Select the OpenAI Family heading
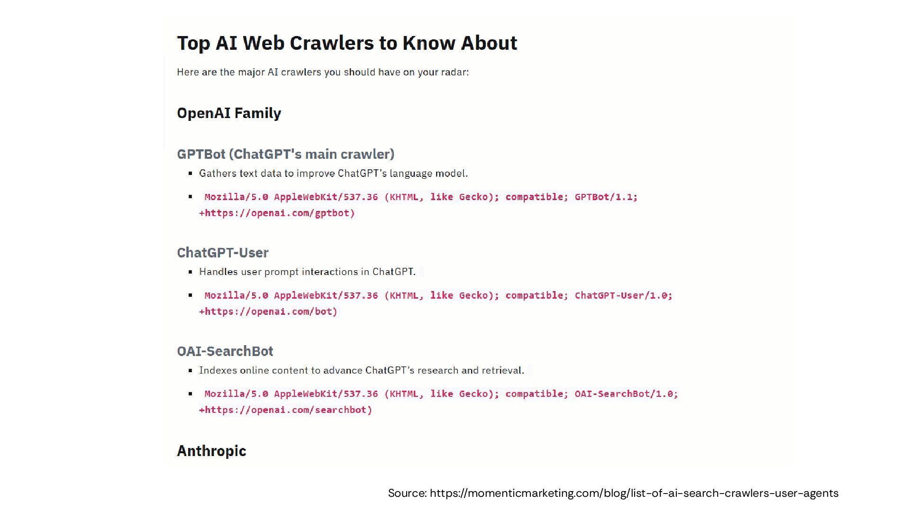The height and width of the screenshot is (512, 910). (229, 113)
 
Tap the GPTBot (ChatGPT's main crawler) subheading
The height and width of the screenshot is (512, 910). (285, 154)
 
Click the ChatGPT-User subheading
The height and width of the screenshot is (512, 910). (222, 253)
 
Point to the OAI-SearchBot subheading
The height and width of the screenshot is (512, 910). (225, 351)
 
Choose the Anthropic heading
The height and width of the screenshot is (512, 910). (211, 451)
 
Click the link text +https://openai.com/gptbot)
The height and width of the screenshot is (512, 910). (277, 213)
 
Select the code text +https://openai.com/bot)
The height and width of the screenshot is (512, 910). (268, 311)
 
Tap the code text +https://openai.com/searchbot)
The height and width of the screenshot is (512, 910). (285, 410)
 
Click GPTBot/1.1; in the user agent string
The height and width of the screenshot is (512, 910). (606, 197)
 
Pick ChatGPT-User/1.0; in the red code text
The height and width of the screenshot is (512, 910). (623, 295)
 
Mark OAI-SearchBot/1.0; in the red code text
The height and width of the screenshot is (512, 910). (626, 394)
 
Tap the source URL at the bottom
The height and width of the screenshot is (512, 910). (634, 494)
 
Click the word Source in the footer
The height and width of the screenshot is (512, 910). (407, 494)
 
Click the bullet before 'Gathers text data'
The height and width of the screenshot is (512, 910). (191, 174)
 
